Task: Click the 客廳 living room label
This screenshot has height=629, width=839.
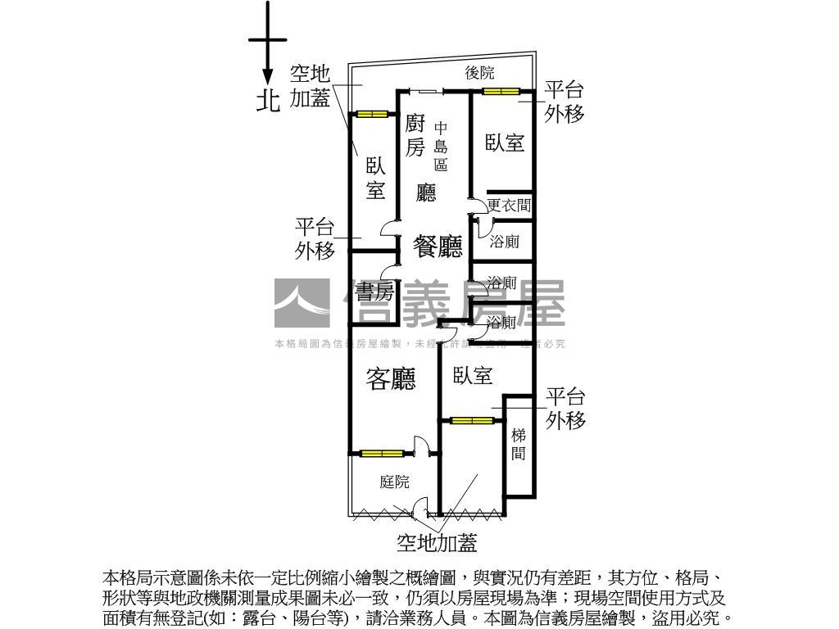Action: [391, 378]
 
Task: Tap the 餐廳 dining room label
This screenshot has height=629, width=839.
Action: [438, 246]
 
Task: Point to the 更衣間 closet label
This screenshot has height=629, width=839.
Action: [509, 206]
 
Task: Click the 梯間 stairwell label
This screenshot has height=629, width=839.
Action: [519, 444]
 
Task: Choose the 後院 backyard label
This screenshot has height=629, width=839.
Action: [479, 73]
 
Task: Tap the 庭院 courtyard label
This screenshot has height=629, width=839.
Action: [394, 482]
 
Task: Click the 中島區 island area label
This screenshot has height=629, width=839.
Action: [441, 146]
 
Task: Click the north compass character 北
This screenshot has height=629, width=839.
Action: [268, 100]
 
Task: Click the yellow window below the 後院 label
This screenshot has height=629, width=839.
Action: [501, 91]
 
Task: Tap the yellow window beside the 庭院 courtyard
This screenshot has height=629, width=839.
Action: [383, 453]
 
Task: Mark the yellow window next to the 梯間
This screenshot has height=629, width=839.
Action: [472, 421]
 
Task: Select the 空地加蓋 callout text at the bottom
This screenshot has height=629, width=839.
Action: [437, 542]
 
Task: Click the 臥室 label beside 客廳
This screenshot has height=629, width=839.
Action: [473, 376]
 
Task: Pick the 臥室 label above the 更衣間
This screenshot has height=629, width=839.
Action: [505, 143]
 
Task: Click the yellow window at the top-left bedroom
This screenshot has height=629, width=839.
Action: [371, 114]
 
